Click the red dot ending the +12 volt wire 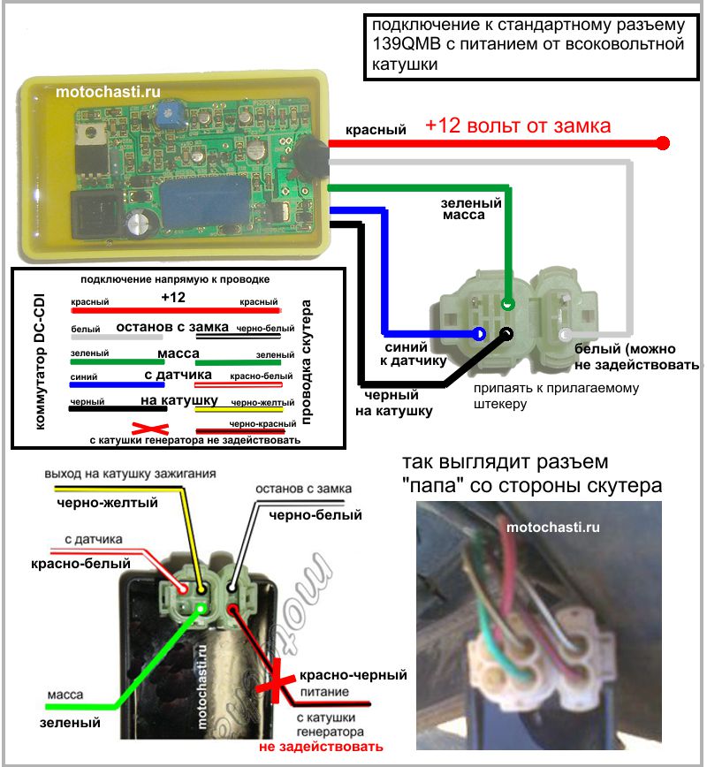[664, 142]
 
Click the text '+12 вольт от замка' [517, 125]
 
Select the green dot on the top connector [507, 304]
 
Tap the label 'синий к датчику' [407, 355]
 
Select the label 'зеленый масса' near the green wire [472, 209]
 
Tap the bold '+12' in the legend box [173, 297]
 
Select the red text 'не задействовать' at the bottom [321, 748]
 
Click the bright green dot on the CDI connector [201, 609]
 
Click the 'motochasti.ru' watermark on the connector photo [553, 527]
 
